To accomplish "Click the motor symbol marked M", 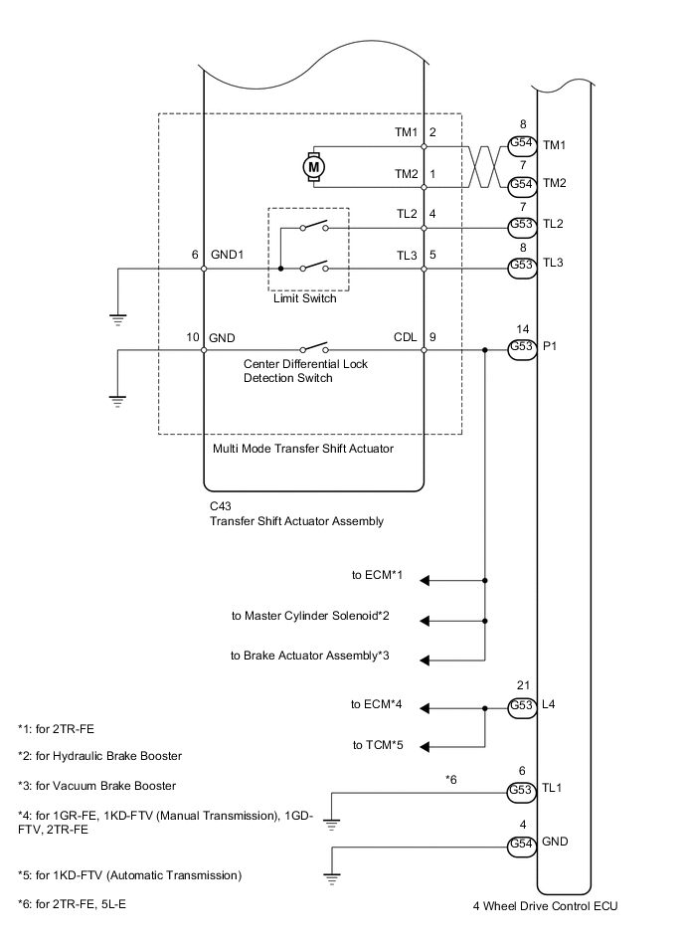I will pos(314,168).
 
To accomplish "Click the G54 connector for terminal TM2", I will pos(521,183).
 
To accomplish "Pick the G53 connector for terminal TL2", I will pos(521,225).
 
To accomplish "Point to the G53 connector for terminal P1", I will pos(521,348).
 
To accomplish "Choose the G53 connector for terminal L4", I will pos(521,706).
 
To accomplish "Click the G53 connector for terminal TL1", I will pos(521,791).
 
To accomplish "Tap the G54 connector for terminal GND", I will pos(521,844).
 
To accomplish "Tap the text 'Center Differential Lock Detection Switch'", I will pos(305,371).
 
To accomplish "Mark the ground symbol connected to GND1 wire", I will pos(117,319).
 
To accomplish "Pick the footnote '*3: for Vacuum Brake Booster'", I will pos(97,785).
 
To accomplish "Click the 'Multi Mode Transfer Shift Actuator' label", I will pos(304,449).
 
